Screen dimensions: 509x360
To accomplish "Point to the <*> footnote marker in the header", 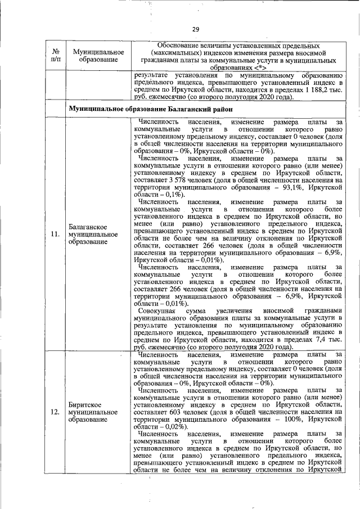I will coord(261,67).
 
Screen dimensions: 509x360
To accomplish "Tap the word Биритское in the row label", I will coord(85,404).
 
